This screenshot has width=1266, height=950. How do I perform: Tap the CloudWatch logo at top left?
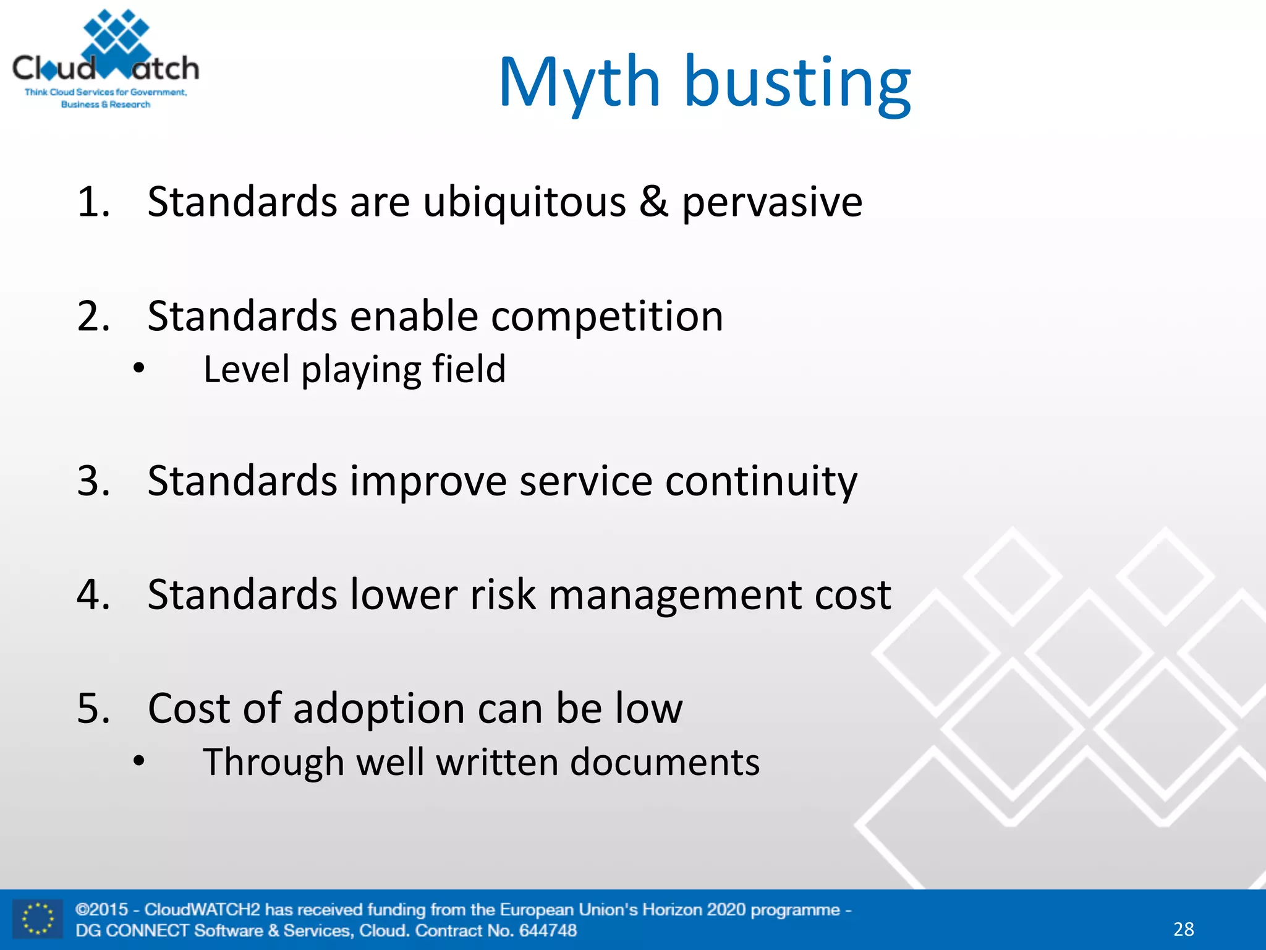(x=106, y=61)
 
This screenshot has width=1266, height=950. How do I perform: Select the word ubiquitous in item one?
(x=524, y=203)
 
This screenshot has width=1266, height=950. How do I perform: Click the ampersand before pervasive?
(x=653, y=202)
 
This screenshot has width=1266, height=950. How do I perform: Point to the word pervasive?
(x=771, y=203)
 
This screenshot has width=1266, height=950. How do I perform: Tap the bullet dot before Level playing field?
(x=139, y=369)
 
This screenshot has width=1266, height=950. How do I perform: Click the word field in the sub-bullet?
(x=469, y=369)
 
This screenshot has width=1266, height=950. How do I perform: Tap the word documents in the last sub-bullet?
(x=665, y=762)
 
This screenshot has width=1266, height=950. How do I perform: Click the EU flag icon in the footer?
(x=38, y=919)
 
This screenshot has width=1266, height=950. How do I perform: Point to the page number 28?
(x=1183, y=929)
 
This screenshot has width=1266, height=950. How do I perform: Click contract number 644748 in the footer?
(x=548, y=930)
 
